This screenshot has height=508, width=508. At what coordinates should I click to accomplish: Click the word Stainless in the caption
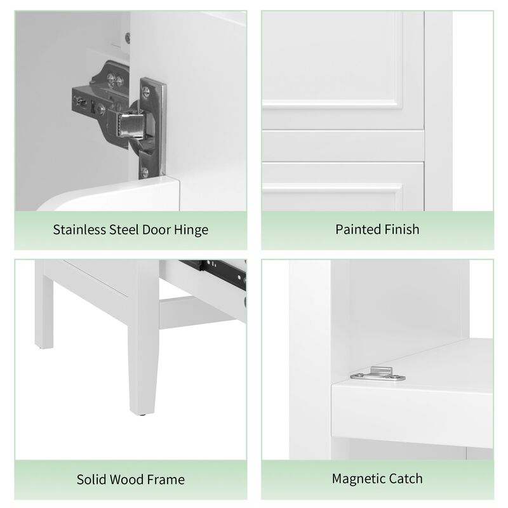[x=79, y=229]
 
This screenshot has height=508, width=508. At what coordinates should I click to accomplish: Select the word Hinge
[x=190, y=229]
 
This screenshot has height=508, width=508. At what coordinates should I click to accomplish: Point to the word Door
[x=157, y=229]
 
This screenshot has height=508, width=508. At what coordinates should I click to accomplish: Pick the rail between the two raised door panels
[x=343, y=145]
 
